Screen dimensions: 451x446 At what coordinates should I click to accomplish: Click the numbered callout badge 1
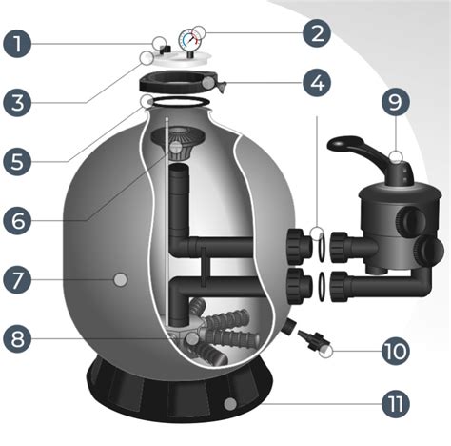point(17,44)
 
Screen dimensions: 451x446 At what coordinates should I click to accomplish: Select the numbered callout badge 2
point(317,33)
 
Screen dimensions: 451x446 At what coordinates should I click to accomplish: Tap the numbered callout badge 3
point(17,103)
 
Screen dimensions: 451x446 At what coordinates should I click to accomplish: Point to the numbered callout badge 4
point(317,83)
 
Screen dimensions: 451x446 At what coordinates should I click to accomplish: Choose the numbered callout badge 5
point(17,162)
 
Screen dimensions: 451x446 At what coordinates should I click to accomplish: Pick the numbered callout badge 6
point(17,221)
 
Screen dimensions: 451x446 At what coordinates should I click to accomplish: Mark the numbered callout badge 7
point(17,279)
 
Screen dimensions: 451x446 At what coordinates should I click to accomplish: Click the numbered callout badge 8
point(17,338)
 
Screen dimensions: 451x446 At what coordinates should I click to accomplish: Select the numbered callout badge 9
point(396,102)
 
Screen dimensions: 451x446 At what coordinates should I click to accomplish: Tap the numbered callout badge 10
point(396,351)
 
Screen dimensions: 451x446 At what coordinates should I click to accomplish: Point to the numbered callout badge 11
point(396,404)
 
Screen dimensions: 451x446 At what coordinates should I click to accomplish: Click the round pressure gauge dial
point(190,40)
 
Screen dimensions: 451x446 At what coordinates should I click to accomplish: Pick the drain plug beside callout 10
point(313,340)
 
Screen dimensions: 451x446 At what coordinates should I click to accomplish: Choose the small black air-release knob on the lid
point(166,50)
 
